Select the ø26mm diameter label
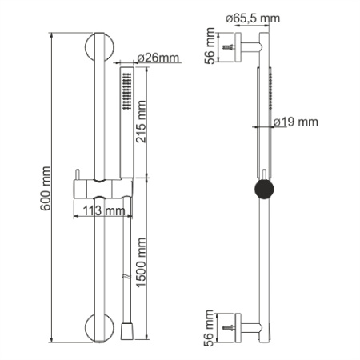click(x=158, y=58)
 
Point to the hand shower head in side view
click(x=270, y=96)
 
